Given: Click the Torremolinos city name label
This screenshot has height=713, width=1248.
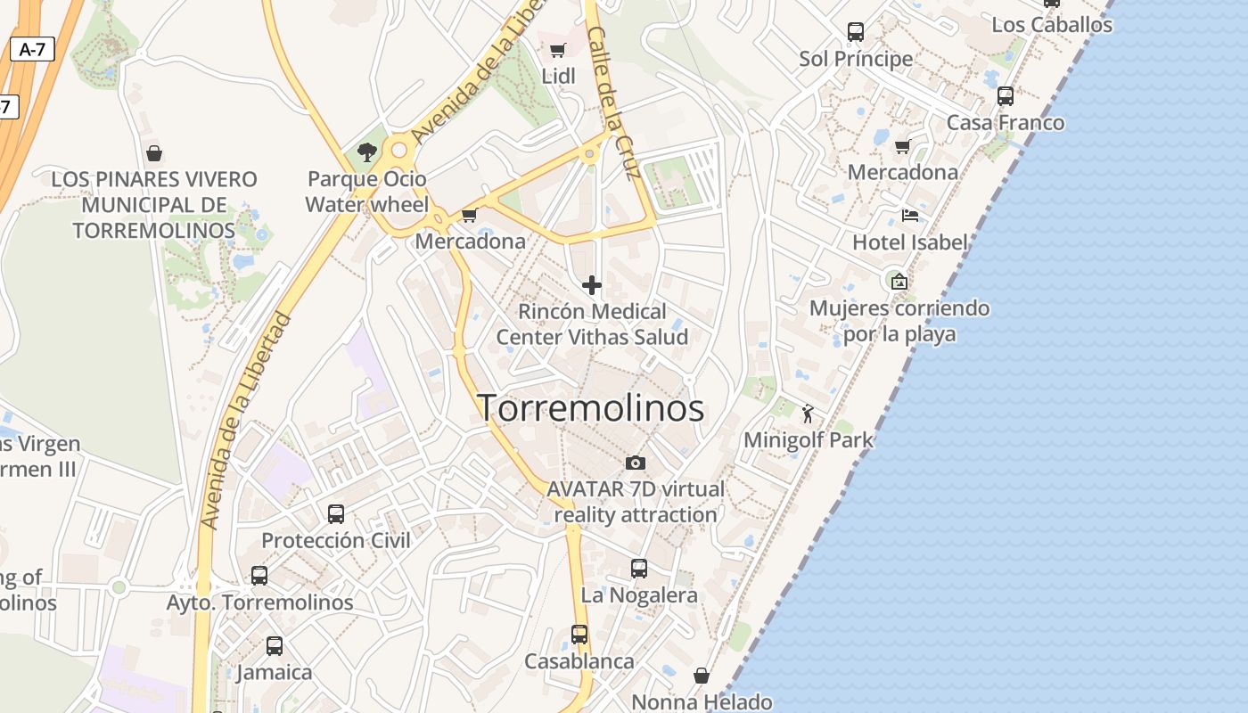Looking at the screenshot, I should [x=591, y=408].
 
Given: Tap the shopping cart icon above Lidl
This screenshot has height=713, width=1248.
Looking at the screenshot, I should [x=558, y=50].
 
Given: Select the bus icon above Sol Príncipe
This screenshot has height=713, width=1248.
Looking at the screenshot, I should [x=856, y=32].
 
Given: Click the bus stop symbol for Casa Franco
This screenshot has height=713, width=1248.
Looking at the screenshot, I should [x=1006, y=96].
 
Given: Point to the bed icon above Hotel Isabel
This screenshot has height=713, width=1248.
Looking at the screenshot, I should [x=910, y=216].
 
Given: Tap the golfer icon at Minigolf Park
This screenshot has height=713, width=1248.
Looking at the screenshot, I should [x=809, y=414].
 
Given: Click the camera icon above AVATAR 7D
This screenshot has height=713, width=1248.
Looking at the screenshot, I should [x=636, y=463].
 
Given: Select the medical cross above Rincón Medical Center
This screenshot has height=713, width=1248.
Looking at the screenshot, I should [x=591, y=285].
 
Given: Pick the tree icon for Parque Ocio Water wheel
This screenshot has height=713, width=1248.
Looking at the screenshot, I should [x=366, y=152].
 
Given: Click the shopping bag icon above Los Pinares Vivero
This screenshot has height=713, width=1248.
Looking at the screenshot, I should [x=154, y=153].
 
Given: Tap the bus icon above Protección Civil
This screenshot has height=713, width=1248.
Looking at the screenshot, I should [x=336, y=514].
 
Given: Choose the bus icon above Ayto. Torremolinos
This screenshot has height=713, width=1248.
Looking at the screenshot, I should [x=259, y=576].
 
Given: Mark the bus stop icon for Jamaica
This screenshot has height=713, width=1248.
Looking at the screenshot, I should [x=275, y=646].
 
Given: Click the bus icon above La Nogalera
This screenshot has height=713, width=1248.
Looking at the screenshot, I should [x=639, y=569].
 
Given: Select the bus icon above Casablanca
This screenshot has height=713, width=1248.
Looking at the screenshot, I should [x=579, y=635].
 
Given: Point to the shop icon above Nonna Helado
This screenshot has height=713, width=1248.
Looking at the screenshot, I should [x=702, y=676].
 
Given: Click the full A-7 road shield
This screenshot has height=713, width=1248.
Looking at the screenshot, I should [x=33, y=50].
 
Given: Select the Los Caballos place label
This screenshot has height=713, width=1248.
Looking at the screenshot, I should [x=1052, y=25].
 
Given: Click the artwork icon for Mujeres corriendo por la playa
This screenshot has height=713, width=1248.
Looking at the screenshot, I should [x=899, y=282].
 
